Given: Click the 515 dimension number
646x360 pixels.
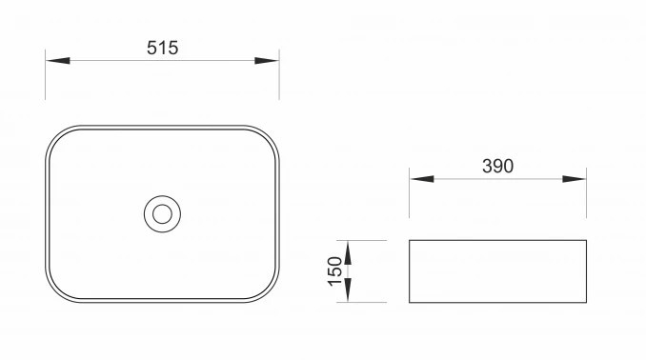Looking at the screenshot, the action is coord(162,48).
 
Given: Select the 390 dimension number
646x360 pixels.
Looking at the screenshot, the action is coord(497,166).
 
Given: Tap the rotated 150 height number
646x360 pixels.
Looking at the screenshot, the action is coord(334,271).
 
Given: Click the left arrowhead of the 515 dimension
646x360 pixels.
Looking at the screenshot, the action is coord(58,61).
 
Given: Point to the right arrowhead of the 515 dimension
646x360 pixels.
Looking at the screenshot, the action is coord(267,61).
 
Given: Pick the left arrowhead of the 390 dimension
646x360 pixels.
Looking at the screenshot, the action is coord(422,179).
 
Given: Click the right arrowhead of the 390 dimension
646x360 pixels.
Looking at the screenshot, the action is coord(574,179).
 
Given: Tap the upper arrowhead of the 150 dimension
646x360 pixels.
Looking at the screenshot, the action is coord(348,252).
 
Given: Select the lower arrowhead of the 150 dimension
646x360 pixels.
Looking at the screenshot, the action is coord(348,290).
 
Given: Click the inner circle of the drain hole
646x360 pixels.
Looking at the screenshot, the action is coord(162,205).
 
